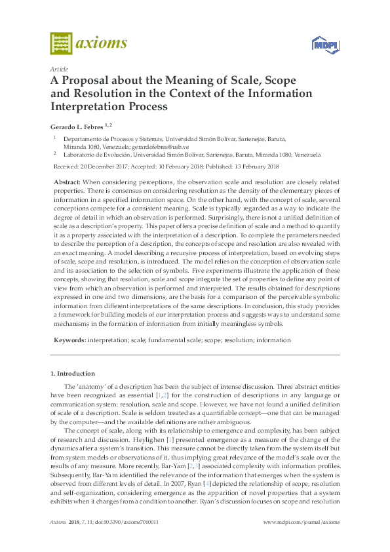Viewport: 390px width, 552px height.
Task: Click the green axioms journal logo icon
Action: pos(61,44)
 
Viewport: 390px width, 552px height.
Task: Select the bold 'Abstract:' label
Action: pos(67,181)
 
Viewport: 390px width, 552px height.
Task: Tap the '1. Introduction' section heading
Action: pos(73,373)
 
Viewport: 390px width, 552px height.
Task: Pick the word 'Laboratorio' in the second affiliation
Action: pos(81,155)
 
